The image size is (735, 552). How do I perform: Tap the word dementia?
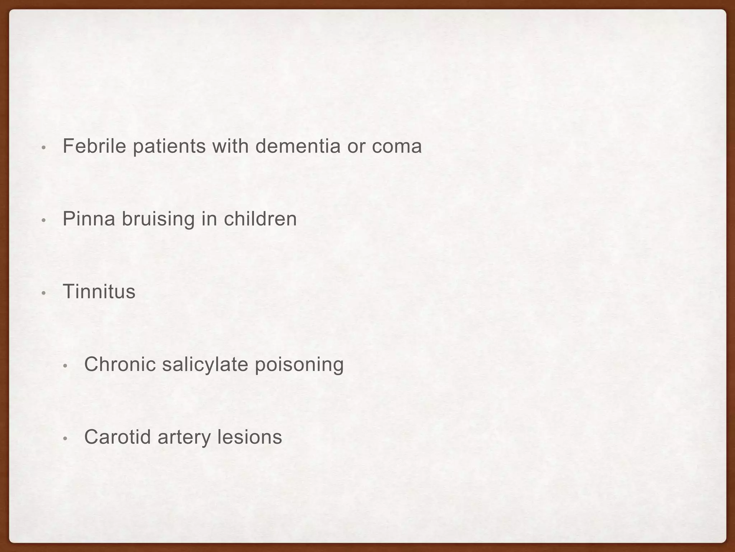pyautogui.click(x=298, y=146)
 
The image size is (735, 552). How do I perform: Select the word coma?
pyautogui.click(x=397, y=146)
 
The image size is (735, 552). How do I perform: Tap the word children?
pyautogui.click(x=260, y=219)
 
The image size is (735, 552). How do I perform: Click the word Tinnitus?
pyautogui.click(x=99, y=291)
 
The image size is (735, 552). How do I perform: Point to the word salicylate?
pyautogui.click(x=205, y=365)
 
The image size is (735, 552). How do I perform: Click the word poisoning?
pyautogui.click(x=299, y=365)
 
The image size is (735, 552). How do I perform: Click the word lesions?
pyautogui.click(x=250, y=437)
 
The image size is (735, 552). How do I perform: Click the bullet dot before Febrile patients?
pyautogui.click(x=43, y=148)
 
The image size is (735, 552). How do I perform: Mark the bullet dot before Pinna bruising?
pyautogui.click(x=43, y=220)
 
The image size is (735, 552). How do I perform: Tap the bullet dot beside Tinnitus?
pyautogui.click(x=43, y=293)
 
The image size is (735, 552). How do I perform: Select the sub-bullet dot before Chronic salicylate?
pyautogui.click(x=65, y=366)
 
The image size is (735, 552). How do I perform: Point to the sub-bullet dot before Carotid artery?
pyautogui.click(x=65, y=438)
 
